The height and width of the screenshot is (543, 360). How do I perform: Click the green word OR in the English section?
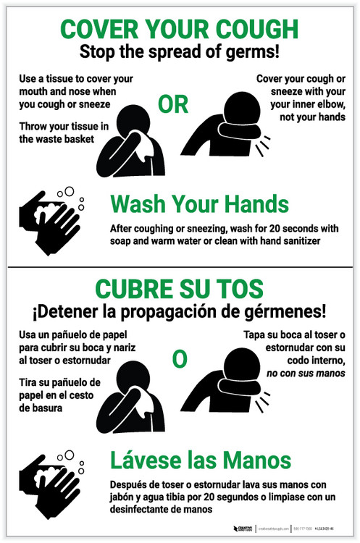173,105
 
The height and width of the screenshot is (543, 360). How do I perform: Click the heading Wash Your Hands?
199,203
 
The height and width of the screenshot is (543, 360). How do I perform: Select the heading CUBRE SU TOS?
179,290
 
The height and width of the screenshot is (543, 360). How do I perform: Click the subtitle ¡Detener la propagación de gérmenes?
179,312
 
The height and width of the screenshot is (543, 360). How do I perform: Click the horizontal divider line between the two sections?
179,266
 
